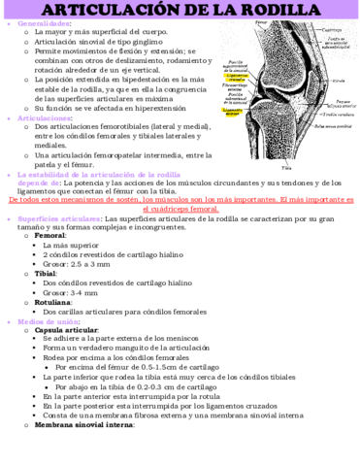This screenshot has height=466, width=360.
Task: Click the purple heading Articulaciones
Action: (48, 117)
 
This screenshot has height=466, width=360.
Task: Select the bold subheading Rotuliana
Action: (52, 302)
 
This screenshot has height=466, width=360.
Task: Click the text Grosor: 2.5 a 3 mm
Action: (82, 263)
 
